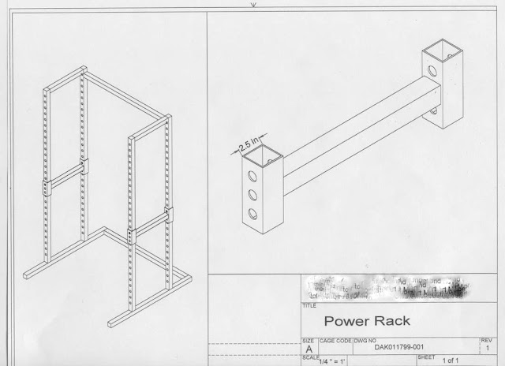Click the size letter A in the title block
307,347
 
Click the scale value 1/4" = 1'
324,360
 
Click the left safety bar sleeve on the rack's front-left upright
49,189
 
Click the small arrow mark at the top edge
253,3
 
